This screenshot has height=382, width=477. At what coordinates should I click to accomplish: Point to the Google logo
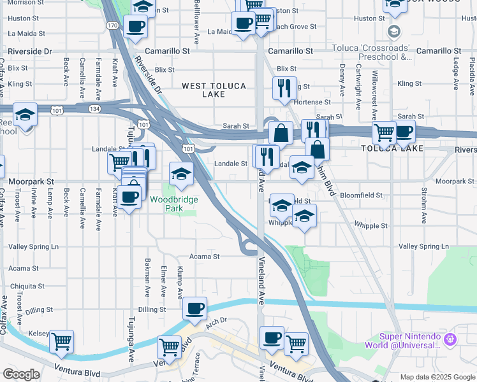pyautogui.click(x=21, y=374)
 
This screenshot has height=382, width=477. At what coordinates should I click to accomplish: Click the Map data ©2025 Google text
pyautogui.click(x=437, y=377)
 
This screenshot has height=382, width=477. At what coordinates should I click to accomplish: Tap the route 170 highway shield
pyautogui.click(x=112, y=25)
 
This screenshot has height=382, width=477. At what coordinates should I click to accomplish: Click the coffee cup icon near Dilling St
pyautogui.click(x=194, y=309)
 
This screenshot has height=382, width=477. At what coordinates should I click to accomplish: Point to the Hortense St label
pyautogui.click(x=312, y=102)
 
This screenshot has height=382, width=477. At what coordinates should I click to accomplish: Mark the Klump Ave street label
pyautogui.click(x=179, y=283)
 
